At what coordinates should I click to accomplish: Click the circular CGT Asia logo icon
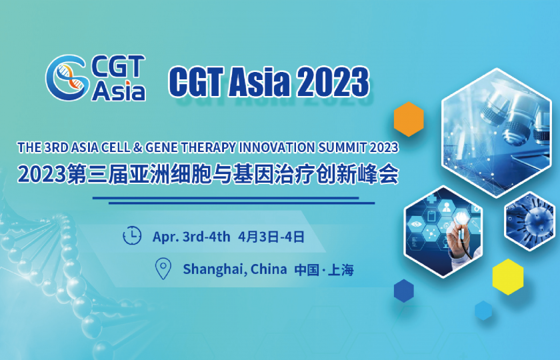[67, 77]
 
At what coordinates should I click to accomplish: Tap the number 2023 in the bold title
[333, 83]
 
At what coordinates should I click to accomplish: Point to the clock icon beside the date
[133, 236]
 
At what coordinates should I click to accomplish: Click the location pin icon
[163, 269]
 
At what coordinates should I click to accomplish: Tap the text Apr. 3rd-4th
[191, 237]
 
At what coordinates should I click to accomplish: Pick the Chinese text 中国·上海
[324, 270]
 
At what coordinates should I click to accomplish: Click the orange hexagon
[409, 119]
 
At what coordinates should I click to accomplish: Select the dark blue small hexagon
[403, 291]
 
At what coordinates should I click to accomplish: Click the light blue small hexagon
[483, 310]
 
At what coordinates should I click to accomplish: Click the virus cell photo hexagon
[529, 221]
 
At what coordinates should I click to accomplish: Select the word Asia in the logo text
[119, 91]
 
